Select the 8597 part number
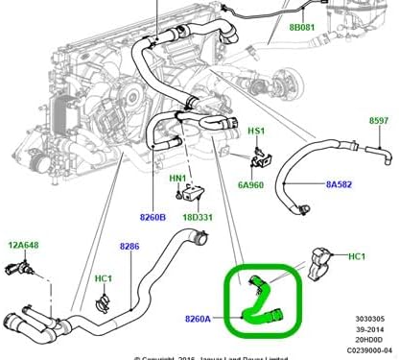pos(381,121)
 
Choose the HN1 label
pos(178,178)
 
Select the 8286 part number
pos(129,247)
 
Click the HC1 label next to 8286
pos(103,278)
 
